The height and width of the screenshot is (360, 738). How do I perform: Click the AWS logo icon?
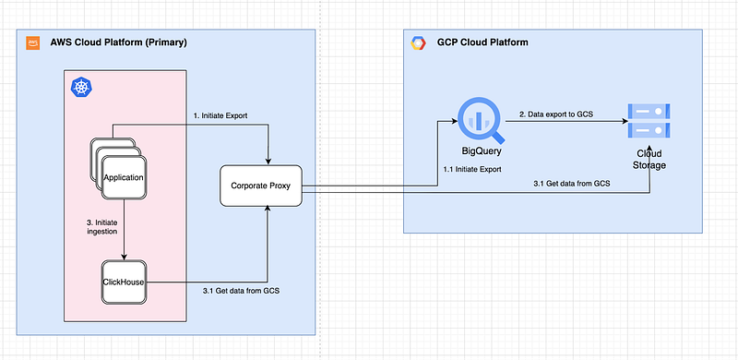(32, 42)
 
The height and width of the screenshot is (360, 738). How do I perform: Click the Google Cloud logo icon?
(418, 42)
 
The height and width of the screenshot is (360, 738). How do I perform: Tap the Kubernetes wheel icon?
(80, 87)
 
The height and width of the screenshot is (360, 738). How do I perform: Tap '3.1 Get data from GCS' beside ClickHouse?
(241, 291)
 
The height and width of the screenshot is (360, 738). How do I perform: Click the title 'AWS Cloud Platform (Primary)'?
(116, 42)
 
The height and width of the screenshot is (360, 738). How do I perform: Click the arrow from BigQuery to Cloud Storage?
(563, 123)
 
